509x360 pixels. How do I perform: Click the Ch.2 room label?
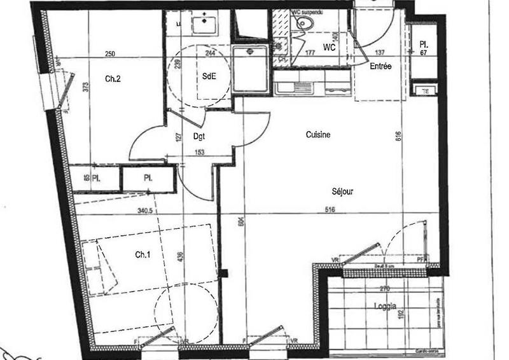(x=113, y=80)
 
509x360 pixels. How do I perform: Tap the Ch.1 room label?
(x=143, y=255)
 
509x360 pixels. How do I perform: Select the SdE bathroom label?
(x=208, y=75)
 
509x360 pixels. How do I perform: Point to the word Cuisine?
(x=318, y=135)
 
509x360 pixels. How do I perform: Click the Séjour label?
(x=342, y=191)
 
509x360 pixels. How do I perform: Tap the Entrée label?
(x=380, y=66)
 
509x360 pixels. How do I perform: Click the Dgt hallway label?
(x=198, y=136)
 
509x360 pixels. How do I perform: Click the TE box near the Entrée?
(x=423, y=91)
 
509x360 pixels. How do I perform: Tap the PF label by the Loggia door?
(x=419, y=259)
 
